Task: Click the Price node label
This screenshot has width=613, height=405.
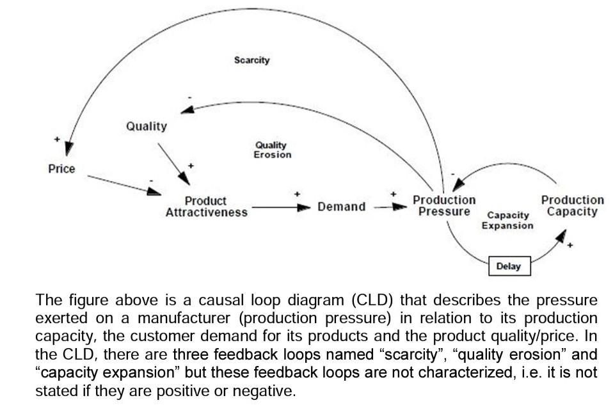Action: [61, 169]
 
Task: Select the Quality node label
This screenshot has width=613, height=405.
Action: [146, 126]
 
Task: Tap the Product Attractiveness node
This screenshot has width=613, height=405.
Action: [206, 207]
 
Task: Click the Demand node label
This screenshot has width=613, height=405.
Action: [342, 207]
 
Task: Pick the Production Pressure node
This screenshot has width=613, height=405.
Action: [444, 206]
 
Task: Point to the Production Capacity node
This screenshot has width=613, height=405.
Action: [572, 206]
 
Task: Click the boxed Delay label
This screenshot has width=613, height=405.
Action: [509, 266]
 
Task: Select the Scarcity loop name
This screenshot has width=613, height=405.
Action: [251, 60]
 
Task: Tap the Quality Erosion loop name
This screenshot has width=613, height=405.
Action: [272, 150]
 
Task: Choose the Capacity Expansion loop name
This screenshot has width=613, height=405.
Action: [507, 221]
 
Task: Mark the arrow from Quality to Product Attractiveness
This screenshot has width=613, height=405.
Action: [171, 160]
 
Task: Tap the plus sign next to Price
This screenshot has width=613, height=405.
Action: [57, 138]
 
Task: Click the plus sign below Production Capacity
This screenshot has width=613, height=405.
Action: [569, 245]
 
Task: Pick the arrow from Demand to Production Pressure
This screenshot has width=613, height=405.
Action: [389, 207]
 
